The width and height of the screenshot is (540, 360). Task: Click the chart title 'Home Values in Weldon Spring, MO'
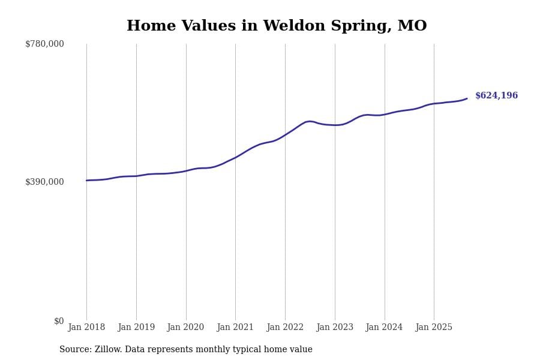tap(277, 26)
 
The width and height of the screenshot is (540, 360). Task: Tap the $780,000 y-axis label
tap(44, 44)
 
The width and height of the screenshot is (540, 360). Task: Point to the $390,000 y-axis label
tap(44, 182)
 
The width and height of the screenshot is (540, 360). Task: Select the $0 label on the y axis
tap(59, 321)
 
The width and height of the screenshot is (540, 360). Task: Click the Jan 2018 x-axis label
tap(86, 328)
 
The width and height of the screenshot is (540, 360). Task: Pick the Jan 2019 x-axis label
tap(136, 328)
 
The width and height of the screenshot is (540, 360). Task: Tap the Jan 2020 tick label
tap(185, 328)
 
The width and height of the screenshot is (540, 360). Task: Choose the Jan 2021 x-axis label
tap(235, 328)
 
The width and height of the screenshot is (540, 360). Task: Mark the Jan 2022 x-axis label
tap(285, 328)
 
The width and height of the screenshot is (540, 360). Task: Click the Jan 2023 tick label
tap(335, 328)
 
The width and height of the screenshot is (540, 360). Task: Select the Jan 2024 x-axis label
tap(384, 328)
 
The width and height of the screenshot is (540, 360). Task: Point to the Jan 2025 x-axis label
tap(434, 328)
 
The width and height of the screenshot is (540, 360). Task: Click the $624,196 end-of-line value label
tap(496, 96)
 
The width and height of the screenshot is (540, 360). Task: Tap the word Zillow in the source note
tap(109, 350)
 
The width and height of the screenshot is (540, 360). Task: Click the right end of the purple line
tap(467, 99)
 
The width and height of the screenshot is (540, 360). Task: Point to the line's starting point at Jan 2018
tap(86, 181)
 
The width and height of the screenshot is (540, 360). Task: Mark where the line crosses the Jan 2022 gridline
tap(285, 135)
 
